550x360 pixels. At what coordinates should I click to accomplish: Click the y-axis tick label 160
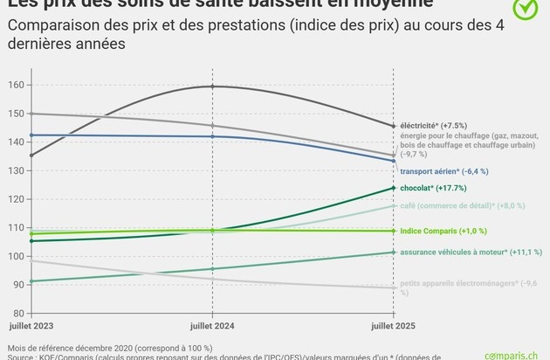click(15, 85)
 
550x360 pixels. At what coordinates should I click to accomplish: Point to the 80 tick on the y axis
click(17, 313)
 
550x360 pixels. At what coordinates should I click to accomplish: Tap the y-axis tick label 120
click(15, 199)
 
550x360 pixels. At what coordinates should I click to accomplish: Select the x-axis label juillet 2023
click(31, 325)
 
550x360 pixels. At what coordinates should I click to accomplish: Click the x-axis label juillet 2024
click(212, 325)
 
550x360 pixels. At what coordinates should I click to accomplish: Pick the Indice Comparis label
click(443, 231)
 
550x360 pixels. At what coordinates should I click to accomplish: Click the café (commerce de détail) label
click(463, 205)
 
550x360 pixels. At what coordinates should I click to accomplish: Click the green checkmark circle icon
click(524, 8)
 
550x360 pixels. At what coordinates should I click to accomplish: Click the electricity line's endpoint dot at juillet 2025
click(393, 127)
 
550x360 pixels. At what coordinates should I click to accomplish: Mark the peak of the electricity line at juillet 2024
click(212, 87)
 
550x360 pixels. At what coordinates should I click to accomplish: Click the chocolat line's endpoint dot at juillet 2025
click(393, 188)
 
